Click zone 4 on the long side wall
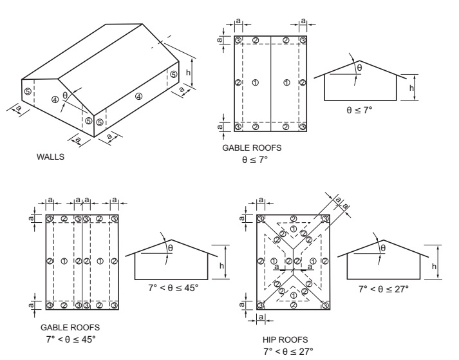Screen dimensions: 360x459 click(x=138, y=96)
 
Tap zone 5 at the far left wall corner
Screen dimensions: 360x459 click(x=27, y=91)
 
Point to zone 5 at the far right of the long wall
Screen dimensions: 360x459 click(x=173, y=75)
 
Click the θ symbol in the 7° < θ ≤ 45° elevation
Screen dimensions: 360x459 click(x=171, y=247)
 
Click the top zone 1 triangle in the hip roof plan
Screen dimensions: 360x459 click(x=294, y=229)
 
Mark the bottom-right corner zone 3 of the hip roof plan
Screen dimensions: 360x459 click(x=325, y=305)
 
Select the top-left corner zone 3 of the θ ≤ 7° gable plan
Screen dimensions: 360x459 click(x=238, y=40)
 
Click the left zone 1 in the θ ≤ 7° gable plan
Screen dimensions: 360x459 click(x=255, y=82)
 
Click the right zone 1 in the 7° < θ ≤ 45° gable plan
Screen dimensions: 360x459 click(x=100, y=261)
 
